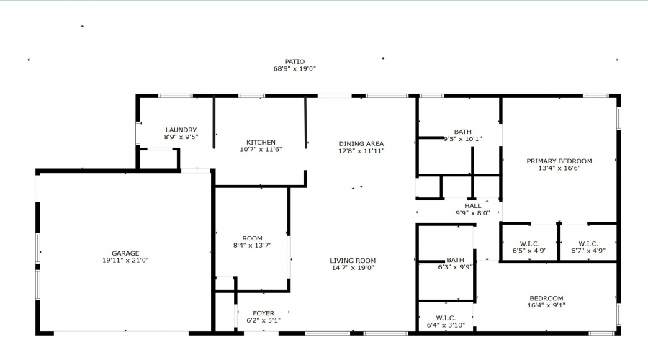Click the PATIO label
point(294,62)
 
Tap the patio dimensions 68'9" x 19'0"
point(294,68)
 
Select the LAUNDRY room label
point(181,130)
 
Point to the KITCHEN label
point(261,142)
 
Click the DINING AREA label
point(361,144)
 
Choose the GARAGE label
point(125,253)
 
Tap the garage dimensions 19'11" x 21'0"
point(125,261)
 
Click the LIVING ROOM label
point(353,261)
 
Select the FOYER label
point(264,313)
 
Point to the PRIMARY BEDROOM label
point(559,161)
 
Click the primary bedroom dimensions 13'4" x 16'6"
point(559,168)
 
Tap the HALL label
point(473,206)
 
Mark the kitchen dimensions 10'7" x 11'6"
point(261,149)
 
